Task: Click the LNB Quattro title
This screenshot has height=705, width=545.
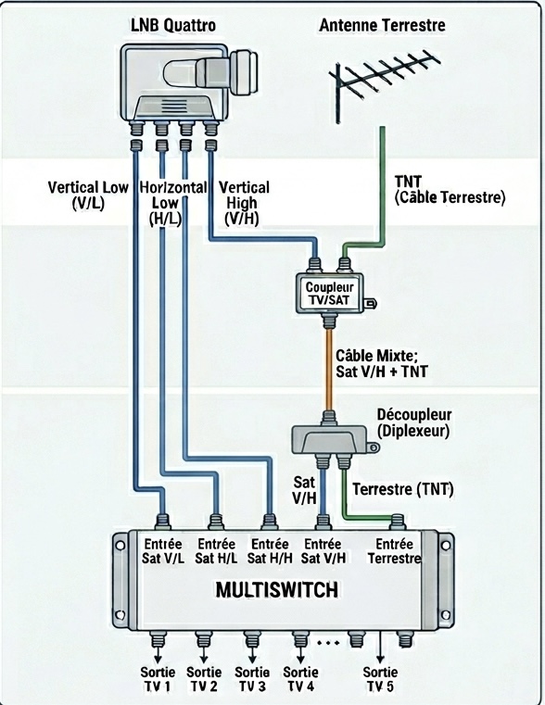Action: pyautogui.click(x=173, y=25)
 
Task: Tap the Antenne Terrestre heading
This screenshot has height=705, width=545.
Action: pyautogui.click(x=382, y=25)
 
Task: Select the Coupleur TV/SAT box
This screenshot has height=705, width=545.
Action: pyautogui.click(x=329, y=294)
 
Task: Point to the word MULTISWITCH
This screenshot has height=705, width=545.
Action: pyautogui.click(x=277, y=590)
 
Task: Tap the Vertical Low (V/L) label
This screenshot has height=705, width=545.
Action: pyautogui.click(x=88, y=195)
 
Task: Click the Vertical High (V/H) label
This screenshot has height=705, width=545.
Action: pyautogui.click(x=244, y=203)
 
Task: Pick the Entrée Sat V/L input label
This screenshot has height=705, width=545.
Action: pyautogui.click(x=163, y=551)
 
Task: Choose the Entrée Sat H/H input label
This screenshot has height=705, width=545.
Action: pyautogui.click(x=270, y=551)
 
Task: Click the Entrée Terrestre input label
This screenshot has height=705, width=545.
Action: pyautogui.click(x=394, y=551)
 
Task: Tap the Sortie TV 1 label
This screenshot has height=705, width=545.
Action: pyautogui.click(x=158, y=679)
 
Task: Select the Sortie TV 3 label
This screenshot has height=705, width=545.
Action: pyautogui.click(x=252, y=679)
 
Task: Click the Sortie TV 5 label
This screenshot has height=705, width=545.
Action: pyautogui.click(x=380, y=679)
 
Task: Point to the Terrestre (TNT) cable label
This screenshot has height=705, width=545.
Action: pyautogui.click(x=402, y=489)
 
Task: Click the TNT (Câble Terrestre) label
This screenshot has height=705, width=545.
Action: pyautogui.click(x=450, y=189)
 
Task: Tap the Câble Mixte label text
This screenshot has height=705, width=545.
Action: pyautogui.click(x=382, y=364)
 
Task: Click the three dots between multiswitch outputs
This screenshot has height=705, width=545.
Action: pyautogui.click(x=328, y=644)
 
